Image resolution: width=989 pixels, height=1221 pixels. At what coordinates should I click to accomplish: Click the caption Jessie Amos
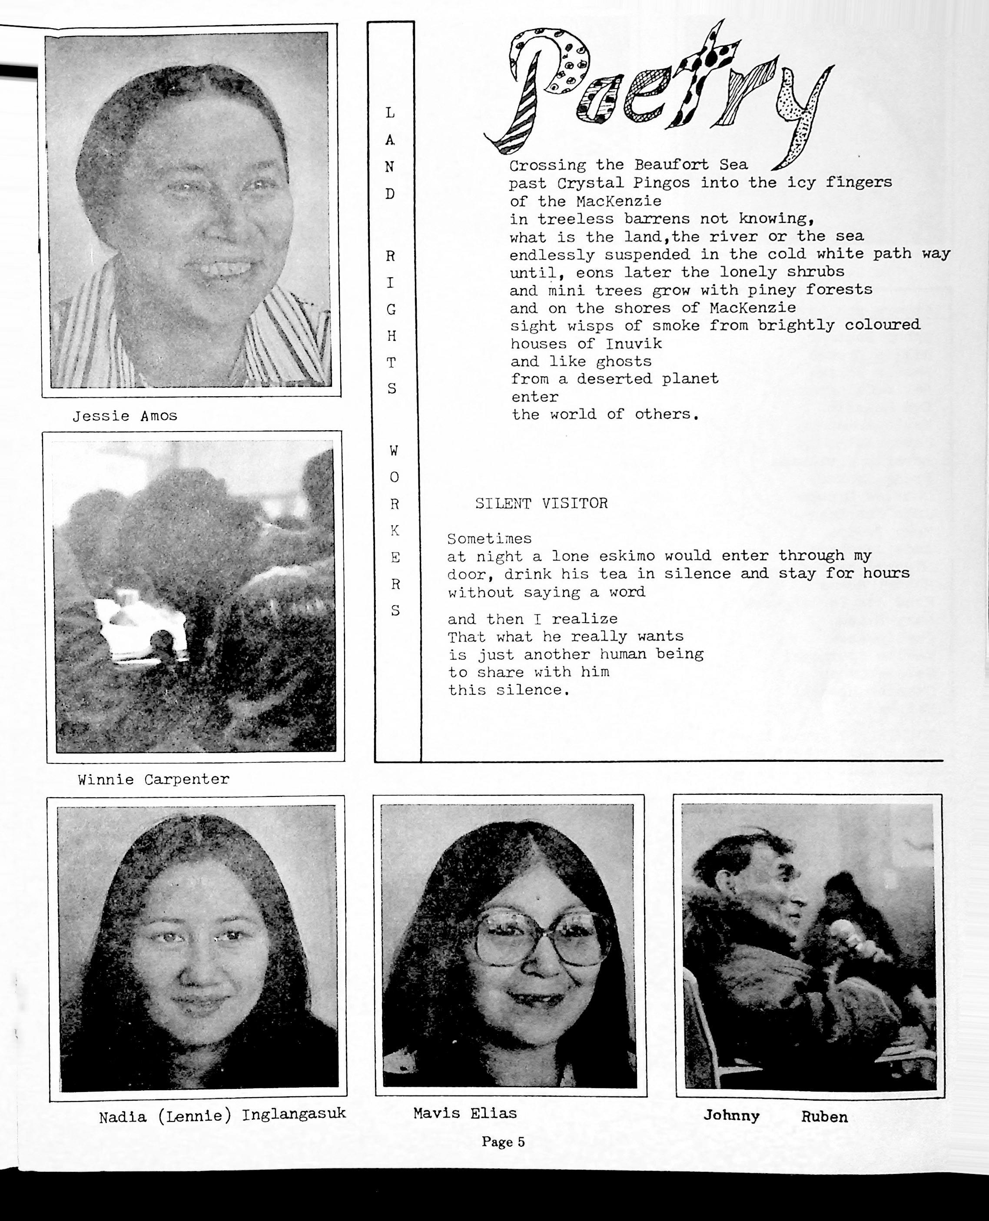pyautogui.click(x=125, y=416)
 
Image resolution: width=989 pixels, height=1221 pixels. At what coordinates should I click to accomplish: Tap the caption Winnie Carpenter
pyautogui.click(x=153, y=780)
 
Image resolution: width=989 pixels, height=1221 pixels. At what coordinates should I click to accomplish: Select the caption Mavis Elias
pyautogui.click(x=465, y=1113)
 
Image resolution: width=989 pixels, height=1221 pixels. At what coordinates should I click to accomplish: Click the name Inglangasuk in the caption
pyautogui.click(x=294, y=1114)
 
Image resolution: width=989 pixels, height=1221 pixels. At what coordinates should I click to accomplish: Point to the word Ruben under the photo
pyautogui.click(x=824, y=1117)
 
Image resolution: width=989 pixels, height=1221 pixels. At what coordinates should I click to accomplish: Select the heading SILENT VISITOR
pyautogui.click(x=541, y=503)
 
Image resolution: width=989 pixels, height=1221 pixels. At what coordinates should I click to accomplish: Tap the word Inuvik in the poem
pyautogui.click(x=634, y=344)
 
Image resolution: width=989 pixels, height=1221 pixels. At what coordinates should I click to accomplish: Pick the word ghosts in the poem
pyautogui.click(x=624, y=362)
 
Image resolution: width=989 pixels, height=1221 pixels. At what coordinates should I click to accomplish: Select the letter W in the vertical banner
pyautogui.click(x=394, y=451)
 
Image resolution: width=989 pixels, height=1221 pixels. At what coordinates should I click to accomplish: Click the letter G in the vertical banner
pyautogui.click(x=391, y=309)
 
